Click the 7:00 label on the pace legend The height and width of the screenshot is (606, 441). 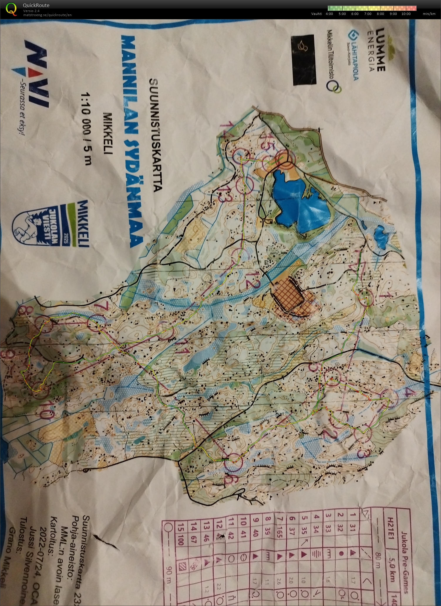coord(368,14)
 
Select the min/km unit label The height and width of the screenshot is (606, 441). coord(429,14)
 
